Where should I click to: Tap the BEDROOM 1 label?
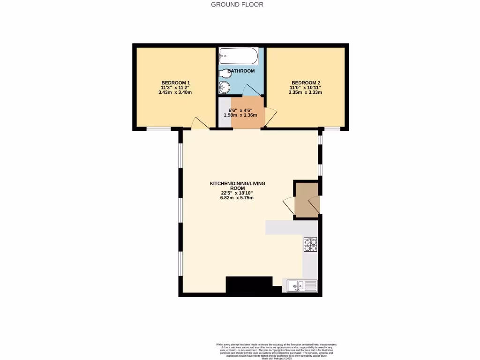(x=175, y=82)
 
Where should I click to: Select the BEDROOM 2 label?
(x=305, y=82)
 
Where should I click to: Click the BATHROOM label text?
(x=241, y=71)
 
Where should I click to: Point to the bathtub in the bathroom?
(x=238, y=57)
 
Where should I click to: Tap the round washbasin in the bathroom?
(x=225, y=87)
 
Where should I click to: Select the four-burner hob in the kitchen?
(x=310, y=245)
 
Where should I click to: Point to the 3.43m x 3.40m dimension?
(x=175, y=92)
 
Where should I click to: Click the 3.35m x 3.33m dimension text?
(x=305, y=92)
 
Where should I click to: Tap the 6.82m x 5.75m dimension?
(x=237, y=198)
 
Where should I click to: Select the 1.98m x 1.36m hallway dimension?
(x=240, y=115)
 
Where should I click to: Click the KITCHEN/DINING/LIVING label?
(x=237, y=183)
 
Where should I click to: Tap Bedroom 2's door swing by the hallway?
(x=270, y=117)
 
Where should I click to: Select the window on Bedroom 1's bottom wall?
(x=158, y=128)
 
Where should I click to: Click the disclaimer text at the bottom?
(x=276, y=351)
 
